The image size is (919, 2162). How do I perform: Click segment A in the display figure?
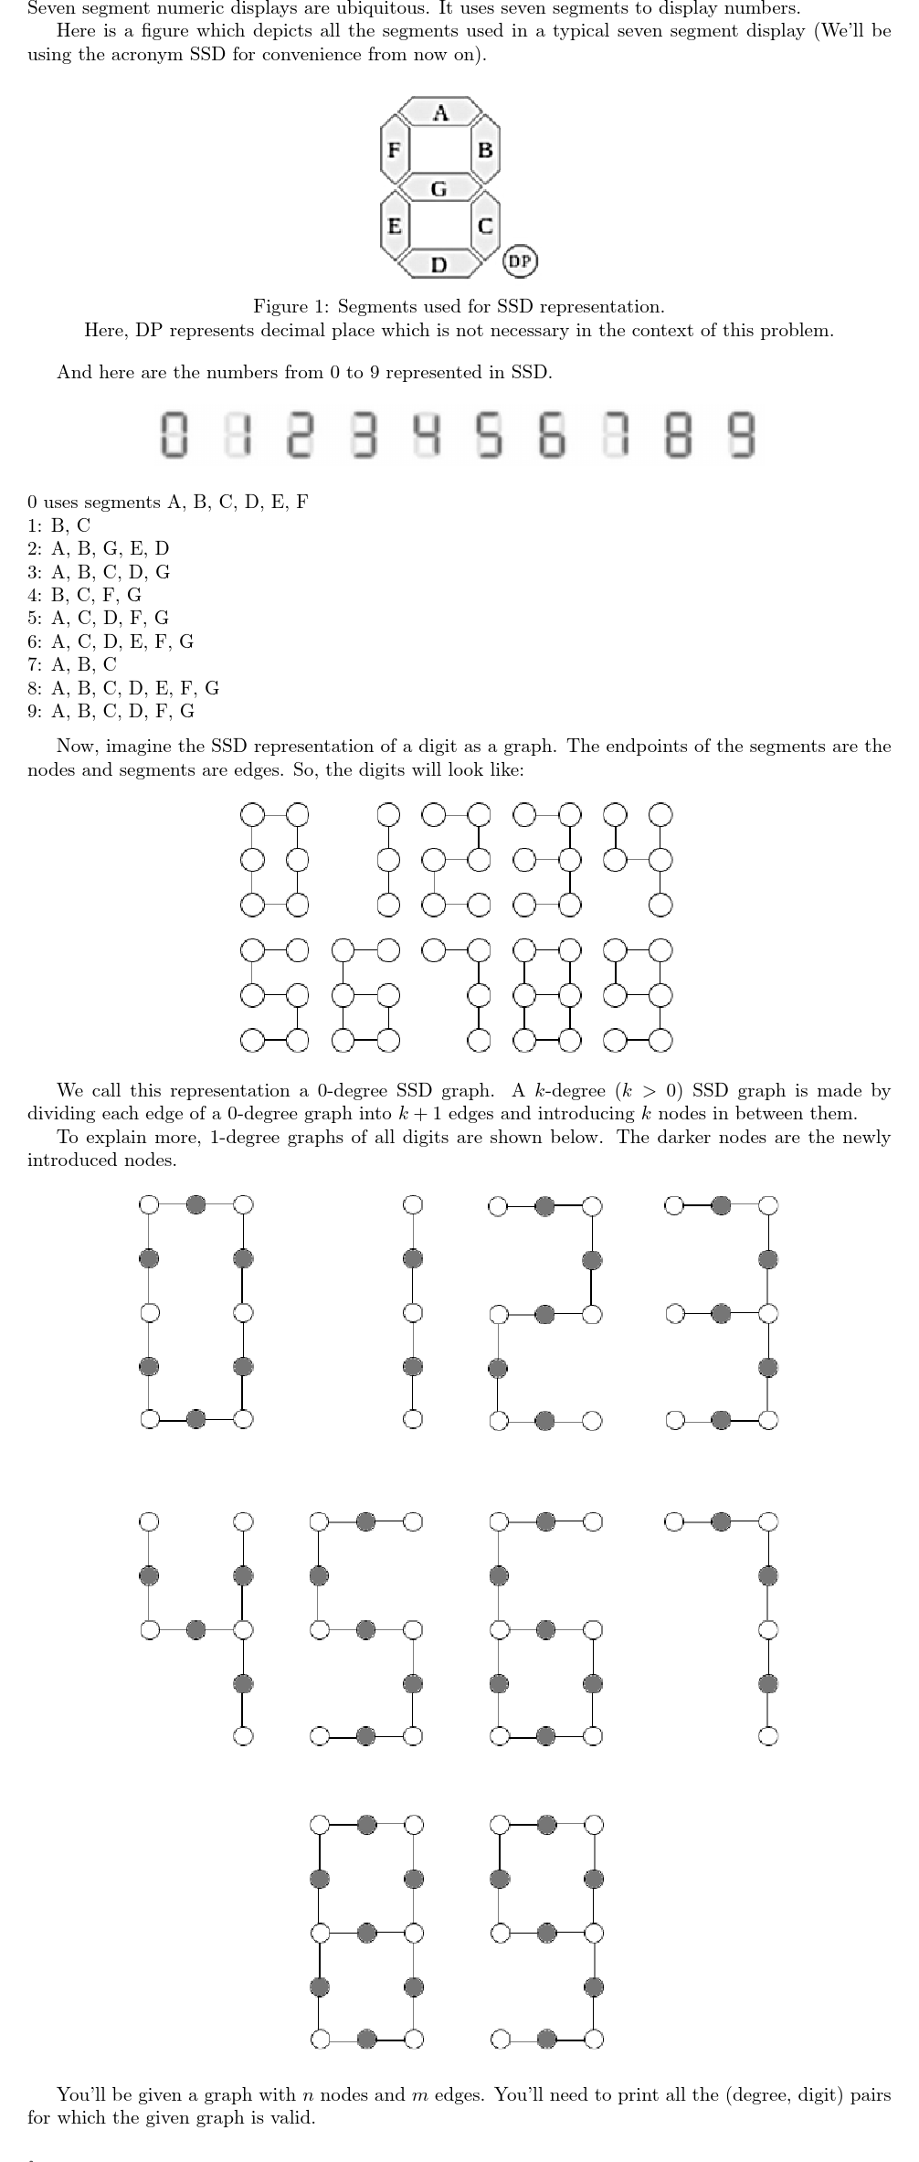(x=441, y=112)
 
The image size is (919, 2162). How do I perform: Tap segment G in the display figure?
(x=439, y=188)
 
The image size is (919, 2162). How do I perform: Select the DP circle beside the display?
(x=520, y=261)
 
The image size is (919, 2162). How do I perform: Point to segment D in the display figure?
(x=439, y=264)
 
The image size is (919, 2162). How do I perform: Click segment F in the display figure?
(x=395, y=150)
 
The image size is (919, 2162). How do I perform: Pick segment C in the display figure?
(x=485, y=225)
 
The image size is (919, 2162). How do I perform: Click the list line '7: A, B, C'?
(x=72, y=664)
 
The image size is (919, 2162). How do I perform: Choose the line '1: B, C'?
(x=59, y=525)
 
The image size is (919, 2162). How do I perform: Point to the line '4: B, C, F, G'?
(x=84, y=595)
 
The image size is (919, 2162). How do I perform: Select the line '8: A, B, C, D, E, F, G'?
(x=123, y=688)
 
